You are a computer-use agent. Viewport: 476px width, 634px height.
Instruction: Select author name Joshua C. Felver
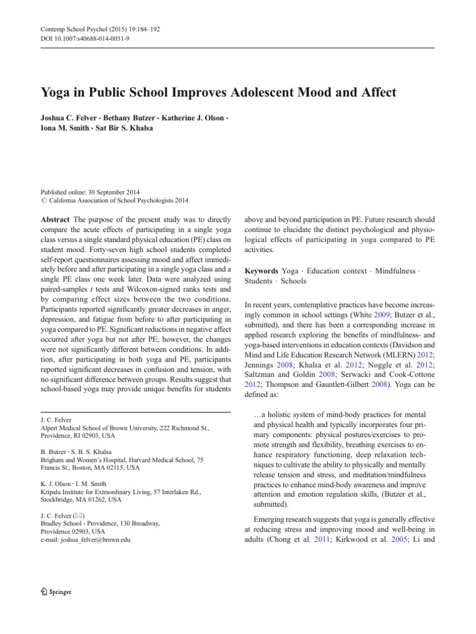coord(63,119)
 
